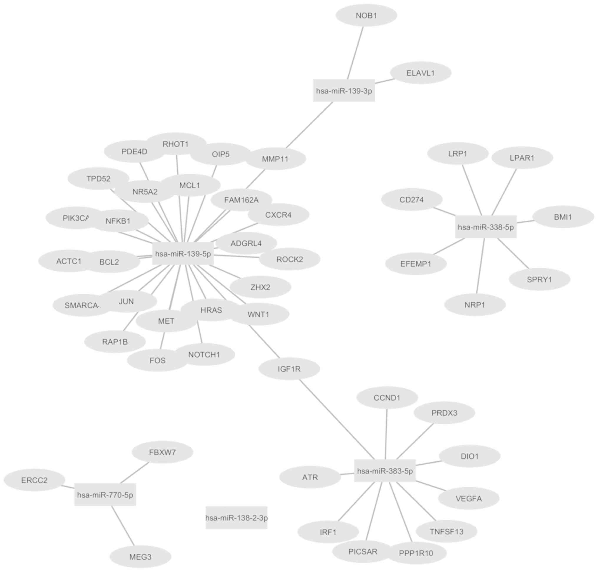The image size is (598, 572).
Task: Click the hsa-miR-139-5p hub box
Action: pos(183,253)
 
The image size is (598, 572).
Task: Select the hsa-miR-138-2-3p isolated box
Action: pos(236,518)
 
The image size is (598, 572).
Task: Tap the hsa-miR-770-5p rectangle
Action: pos(105,495)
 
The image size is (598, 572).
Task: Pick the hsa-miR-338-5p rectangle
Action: pos(486,227)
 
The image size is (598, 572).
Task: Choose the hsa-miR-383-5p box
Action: pos(385,471)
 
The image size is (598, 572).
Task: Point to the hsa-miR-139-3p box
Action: pos(344,91)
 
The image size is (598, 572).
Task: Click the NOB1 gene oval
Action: pos(366,15)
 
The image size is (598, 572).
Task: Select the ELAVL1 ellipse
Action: pos(420,73)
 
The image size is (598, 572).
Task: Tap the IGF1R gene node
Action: pos(289,369)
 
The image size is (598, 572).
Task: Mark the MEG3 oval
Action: pos(140,557)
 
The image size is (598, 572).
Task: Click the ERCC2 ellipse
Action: pos(34,480)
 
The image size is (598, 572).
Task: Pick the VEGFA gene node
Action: pos(469,498)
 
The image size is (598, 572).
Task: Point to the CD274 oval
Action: pos(412,200)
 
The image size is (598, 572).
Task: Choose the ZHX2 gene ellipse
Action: pos(260,287)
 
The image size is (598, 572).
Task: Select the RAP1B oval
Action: pos(115,342)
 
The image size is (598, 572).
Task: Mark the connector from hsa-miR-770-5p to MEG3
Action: pos(123,525)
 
